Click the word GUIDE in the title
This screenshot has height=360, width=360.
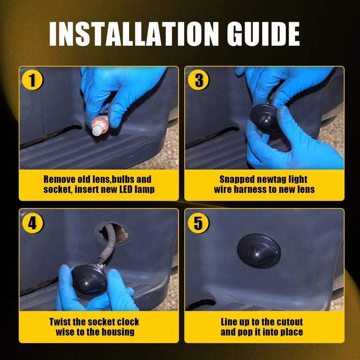263,34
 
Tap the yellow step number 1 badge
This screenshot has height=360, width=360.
32,80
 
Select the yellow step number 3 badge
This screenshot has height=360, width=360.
198,80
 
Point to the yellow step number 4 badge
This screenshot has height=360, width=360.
32,223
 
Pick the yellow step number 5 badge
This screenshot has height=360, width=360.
198,223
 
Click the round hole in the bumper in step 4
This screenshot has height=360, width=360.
112,233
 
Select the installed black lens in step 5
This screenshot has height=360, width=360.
259,251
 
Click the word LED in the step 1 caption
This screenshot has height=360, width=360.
126,190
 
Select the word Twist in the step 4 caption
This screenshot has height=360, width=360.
60,322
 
